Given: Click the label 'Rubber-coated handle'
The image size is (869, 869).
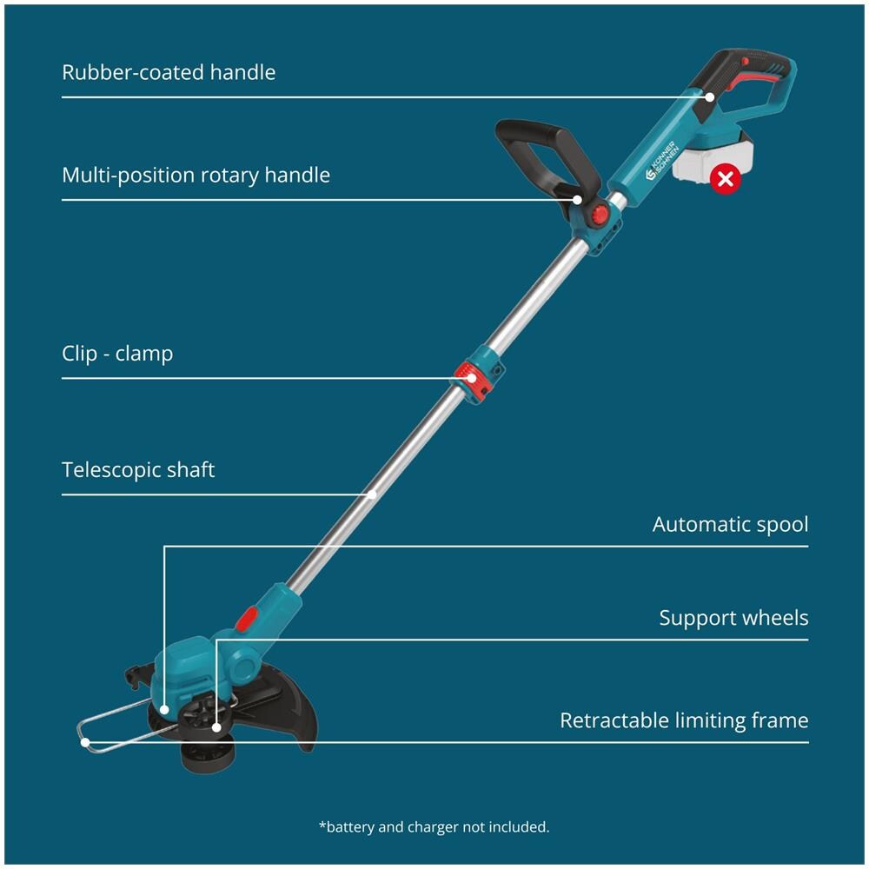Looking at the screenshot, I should point(169,71).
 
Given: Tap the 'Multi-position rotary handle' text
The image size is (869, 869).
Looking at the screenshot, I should point(196,175).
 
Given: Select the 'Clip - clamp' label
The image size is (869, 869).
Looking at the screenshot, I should point(117,354).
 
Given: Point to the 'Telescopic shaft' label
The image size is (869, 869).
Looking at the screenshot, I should point(138,470).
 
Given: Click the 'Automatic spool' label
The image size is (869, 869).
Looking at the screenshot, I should point(730,524).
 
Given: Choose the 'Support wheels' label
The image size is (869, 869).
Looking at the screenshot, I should point(733,618).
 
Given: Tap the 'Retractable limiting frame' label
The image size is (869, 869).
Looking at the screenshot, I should point(684,720).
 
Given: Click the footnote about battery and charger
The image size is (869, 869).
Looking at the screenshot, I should point(434,826).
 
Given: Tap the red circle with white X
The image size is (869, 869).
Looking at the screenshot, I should point(725,180).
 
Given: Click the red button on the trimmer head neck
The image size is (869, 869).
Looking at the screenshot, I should point(248,618).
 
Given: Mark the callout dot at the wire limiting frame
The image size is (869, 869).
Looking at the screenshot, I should point(86,741).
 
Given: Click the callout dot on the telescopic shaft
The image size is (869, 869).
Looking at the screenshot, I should point(372,494).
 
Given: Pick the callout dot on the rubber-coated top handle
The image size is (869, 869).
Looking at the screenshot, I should point(710,96).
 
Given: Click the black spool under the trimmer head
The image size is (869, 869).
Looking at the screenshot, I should point(205,753).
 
